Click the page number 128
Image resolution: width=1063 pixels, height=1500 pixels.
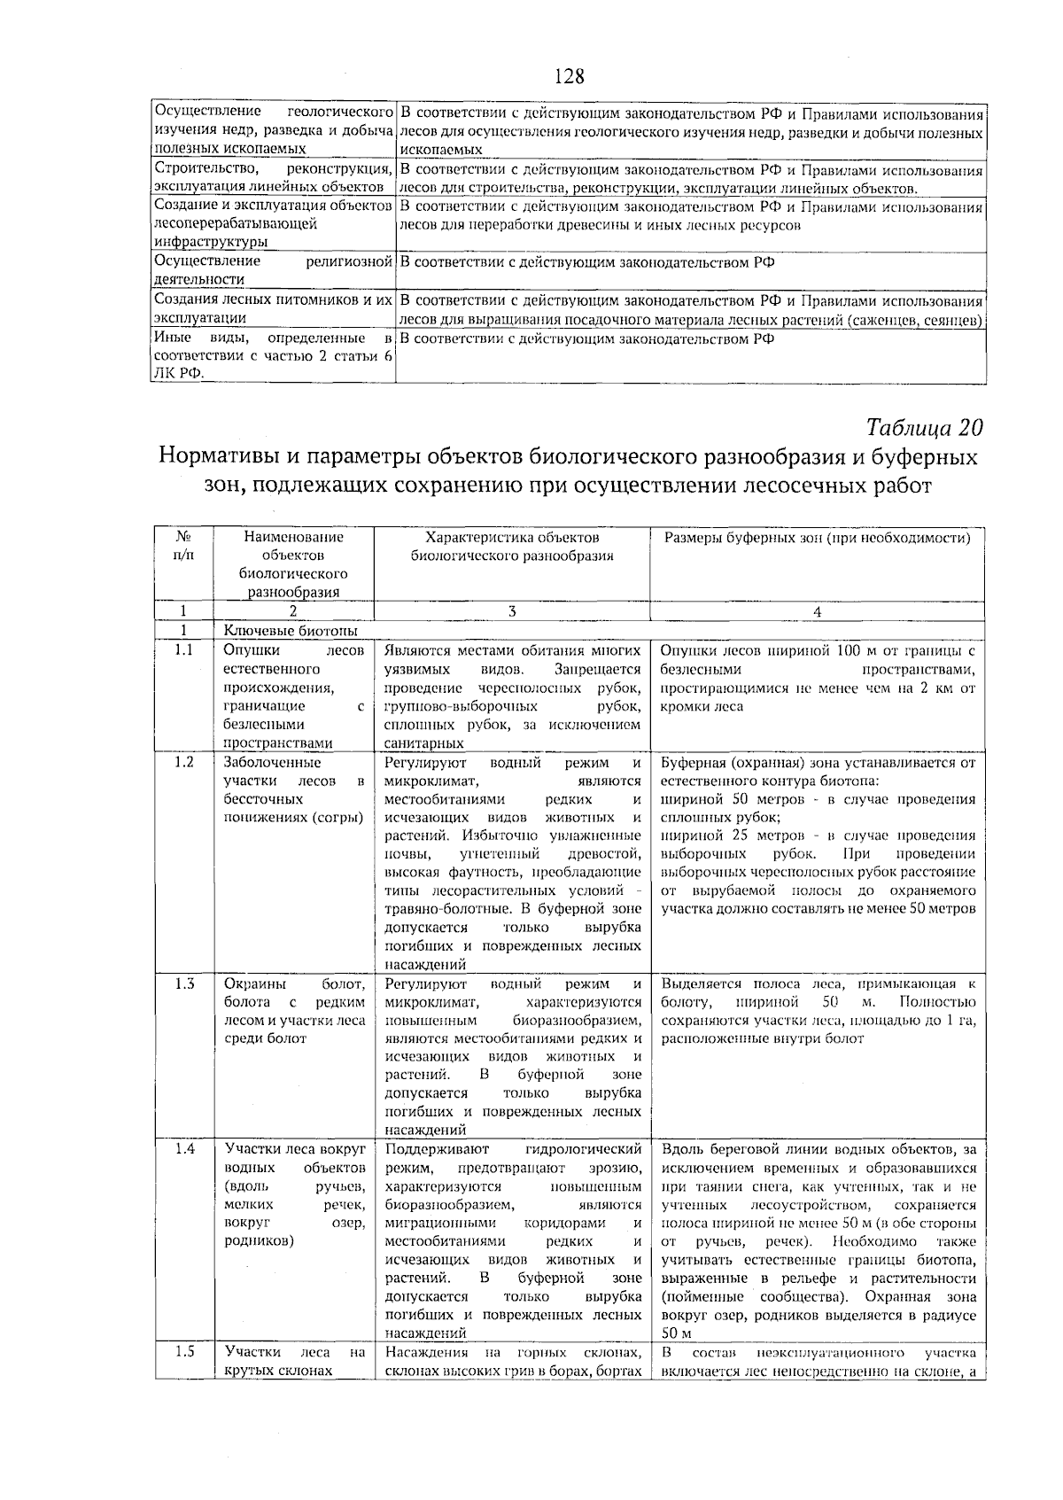pos(570,76)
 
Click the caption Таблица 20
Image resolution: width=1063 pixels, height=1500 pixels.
pos(925,428)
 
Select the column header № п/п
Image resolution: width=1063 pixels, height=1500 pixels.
pos(183,546)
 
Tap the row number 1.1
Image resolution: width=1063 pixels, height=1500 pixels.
pos(183,651)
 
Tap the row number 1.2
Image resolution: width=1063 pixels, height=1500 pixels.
pos(183,762)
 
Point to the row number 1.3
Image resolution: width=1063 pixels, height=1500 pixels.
pos(183,983)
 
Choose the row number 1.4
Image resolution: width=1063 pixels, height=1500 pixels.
pos(183,1149)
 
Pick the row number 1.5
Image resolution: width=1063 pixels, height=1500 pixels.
pos(183,1352)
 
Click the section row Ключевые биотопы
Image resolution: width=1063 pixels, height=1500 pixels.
pos(291,631)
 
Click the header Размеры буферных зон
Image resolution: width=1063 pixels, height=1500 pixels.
pos(818,538)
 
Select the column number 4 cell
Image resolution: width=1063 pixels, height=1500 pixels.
pos(818,611)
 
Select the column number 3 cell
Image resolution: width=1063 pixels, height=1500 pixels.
pos(512,611)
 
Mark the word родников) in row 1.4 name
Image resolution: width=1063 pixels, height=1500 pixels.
pos(259,1241)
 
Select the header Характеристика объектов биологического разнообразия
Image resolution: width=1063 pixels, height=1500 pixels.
pos(512,547)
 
